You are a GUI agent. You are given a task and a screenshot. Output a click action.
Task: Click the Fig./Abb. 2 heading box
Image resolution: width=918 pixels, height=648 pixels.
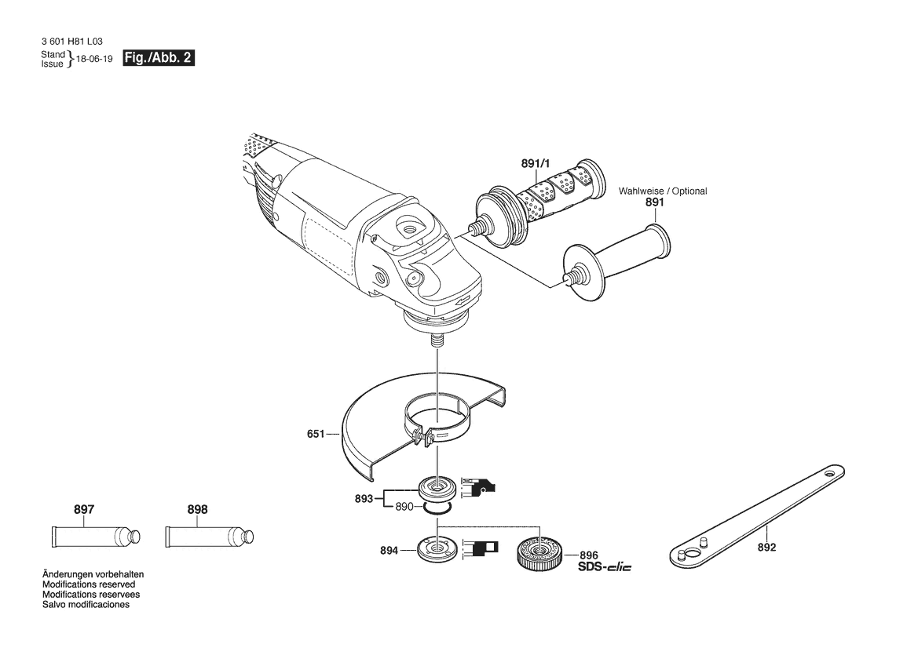click(158, 58)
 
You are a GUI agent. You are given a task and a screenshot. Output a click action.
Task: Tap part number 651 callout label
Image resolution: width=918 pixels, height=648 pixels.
click(316, 434)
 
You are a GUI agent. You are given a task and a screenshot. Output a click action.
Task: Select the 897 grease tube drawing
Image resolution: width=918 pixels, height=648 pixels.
click(96, 537)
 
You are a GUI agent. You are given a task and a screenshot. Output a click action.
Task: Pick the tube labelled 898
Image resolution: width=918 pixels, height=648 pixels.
click(210, 537)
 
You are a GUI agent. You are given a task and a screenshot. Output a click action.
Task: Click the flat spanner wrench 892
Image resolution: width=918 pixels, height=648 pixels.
click(757, 516)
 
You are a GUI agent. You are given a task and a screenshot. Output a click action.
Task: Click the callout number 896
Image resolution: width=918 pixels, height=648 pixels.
click(589, 555)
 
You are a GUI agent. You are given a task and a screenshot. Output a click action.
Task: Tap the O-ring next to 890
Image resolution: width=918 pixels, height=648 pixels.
click(437, 508)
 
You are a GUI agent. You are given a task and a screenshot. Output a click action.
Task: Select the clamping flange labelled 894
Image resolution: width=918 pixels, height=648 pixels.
click(437, 549)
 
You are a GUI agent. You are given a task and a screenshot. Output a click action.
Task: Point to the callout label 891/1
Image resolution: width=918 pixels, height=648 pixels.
click(535, 164)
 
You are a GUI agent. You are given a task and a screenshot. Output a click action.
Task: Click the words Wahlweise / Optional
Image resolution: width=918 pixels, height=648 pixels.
click(663, 191)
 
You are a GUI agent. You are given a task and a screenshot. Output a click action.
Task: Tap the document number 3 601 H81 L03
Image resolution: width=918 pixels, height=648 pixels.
click(72, 42)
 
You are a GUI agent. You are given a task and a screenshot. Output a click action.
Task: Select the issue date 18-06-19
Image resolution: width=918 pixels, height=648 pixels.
click(94, 59)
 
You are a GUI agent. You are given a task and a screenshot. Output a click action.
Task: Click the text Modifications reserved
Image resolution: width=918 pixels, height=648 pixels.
click(89, 584)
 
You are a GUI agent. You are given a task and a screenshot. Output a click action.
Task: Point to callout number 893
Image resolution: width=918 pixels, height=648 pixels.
click(364, 499)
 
